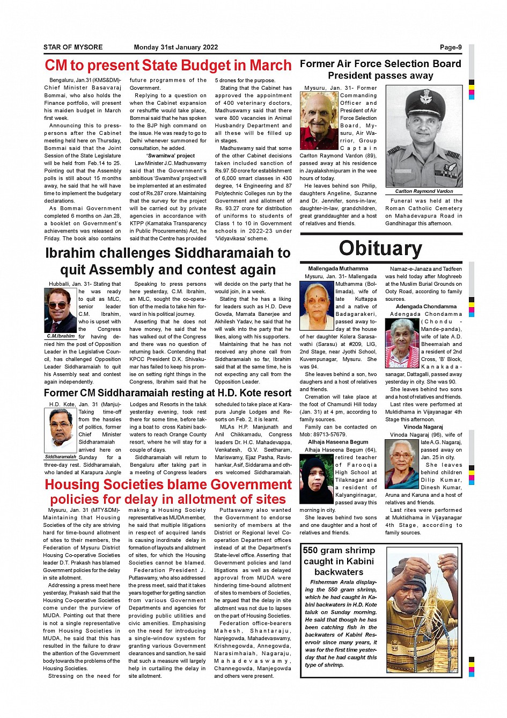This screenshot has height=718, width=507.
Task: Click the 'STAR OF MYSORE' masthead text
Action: tap(73, 47)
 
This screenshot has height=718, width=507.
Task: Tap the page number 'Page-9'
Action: tap(451, 47)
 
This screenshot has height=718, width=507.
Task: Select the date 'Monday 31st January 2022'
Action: tap(176, 47)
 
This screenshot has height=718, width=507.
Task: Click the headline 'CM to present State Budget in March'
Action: tap(168, 66)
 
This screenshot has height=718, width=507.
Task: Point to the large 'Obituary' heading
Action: tap(380, 248)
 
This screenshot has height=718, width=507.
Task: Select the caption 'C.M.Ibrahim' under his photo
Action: tap(61, 336)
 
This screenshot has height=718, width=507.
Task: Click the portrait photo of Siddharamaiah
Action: tap(61, 431)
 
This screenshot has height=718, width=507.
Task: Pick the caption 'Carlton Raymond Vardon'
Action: tap(424, 191)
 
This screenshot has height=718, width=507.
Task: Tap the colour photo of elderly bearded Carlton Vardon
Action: tap(319, 120)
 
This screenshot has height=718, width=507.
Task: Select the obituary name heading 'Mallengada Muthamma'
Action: tap(338, 269)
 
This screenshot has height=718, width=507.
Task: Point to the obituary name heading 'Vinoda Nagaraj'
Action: tap(423, 427)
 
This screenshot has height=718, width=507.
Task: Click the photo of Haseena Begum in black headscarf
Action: tap(316, 479)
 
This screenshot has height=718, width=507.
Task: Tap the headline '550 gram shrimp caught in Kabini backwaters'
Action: tap(339, 561)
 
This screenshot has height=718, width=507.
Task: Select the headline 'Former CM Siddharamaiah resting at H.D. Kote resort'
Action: tap(168, 393)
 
